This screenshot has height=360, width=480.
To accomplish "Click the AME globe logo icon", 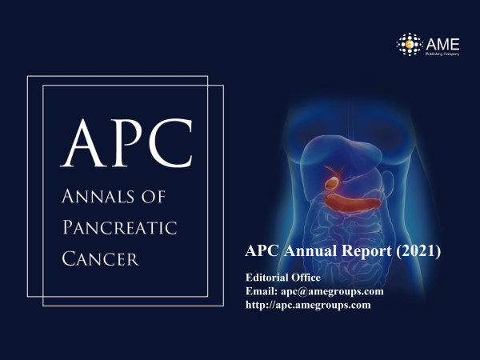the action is (410, 44).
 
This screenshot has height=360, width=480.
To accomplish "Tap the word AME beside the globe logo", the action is (442, 44).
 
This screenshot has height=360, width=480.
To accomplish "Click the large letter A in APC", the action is (83, 142).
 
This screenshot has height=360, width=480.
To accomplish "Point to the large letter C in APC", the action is (170, 143).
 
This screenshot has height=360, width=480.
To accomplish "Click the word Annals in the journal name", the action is (98, 196).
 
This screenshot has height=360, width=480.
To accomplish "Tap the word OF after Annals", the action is (154, 197).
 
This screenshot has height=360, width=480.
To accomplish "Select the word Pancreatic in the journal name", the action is (120, 227).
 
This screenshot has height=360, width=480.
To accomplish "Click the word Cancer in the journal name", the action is (101, 258).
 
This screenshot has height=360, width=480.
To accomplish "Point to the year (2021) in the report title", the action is (418, 250).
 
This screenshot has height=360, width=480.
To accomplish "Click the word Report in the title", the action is (366, 251).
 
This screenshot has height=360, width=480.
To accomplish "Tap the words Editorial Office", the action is (283, 278).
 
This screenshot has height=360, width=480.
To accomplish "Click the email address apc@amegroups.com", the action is (332, 291).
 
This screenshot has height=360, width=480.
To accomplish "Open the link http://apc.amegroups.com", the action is (308, 305).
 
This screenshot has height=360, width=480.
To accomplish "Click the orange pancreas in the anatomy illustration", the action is (352, 203).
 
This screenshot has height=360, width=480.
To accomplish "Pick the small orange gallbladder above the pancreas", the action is (332, 182).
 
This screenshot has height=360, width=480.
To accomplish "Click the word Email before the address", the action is (262, 291).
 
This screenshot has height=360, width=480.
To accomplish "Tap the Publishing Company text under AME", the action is (442, 54).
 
